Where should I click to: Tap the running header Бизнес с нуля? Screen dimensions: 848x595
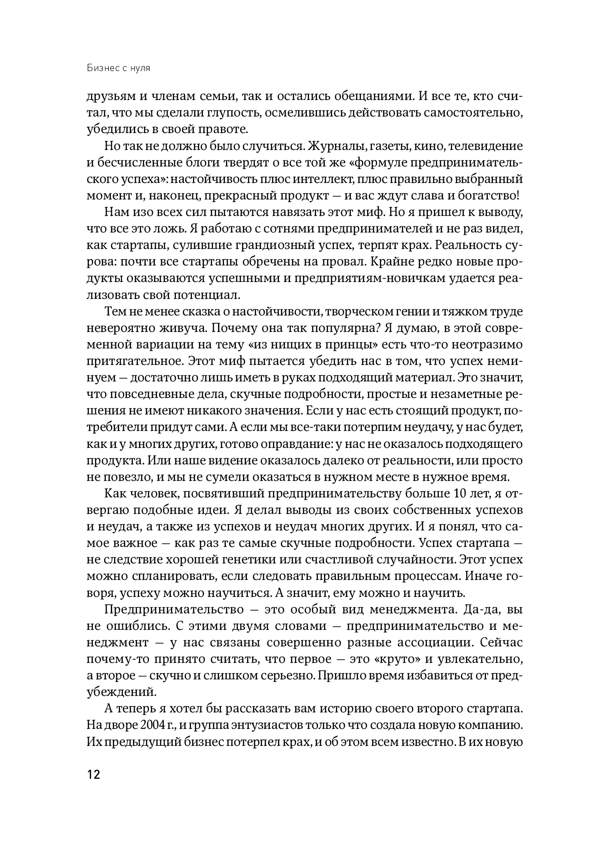pyautogui.click(x=119, y=68)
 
